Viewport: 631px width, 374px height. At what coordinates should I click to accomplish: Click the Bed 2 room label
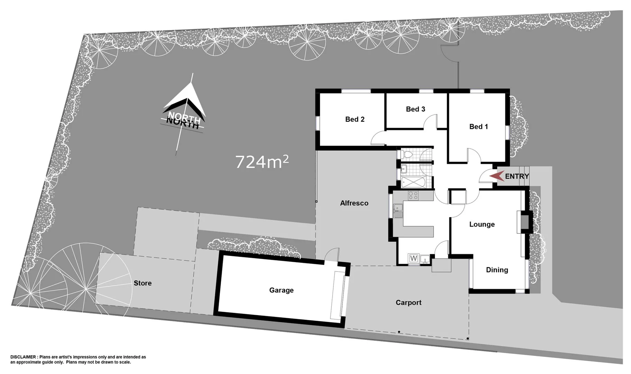click(355, 119)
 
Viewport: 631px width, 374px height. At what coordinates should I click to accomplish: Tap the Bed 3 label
click(415, 109)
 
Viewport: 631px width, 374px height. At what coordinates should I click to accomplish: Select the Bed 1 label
click(478, 127)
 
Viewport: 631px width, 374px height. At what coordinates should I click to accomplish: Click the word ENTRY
click(517, 177)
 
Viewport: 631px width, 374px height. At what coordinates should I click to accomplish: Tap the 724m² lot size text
click(262, 162)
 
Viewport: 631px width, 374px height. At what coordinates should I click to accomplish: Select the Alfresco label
click(354, 203)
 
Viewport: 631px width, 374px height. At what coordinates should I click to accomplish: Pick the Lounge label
click(482, 224)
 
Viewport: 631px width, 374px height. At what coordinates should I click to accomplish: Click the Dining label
click(497, 270)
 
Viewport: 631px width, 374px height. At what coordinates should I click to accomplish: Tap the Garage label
click(281, 291)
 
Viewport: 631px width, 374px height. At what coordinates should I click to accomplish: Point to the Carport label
click(408, 303)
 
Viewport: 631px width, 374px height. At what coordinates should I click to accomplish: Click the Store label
click(143, 283)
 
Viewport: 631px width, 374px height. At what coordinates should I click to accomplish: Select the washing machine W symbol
click(413, 258)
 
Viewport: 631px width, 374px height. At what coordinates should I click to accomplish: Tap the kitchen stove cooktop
click(413, 195)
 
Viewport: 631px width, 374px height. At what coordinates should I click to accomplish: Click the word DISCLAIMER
click(23, 357)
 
